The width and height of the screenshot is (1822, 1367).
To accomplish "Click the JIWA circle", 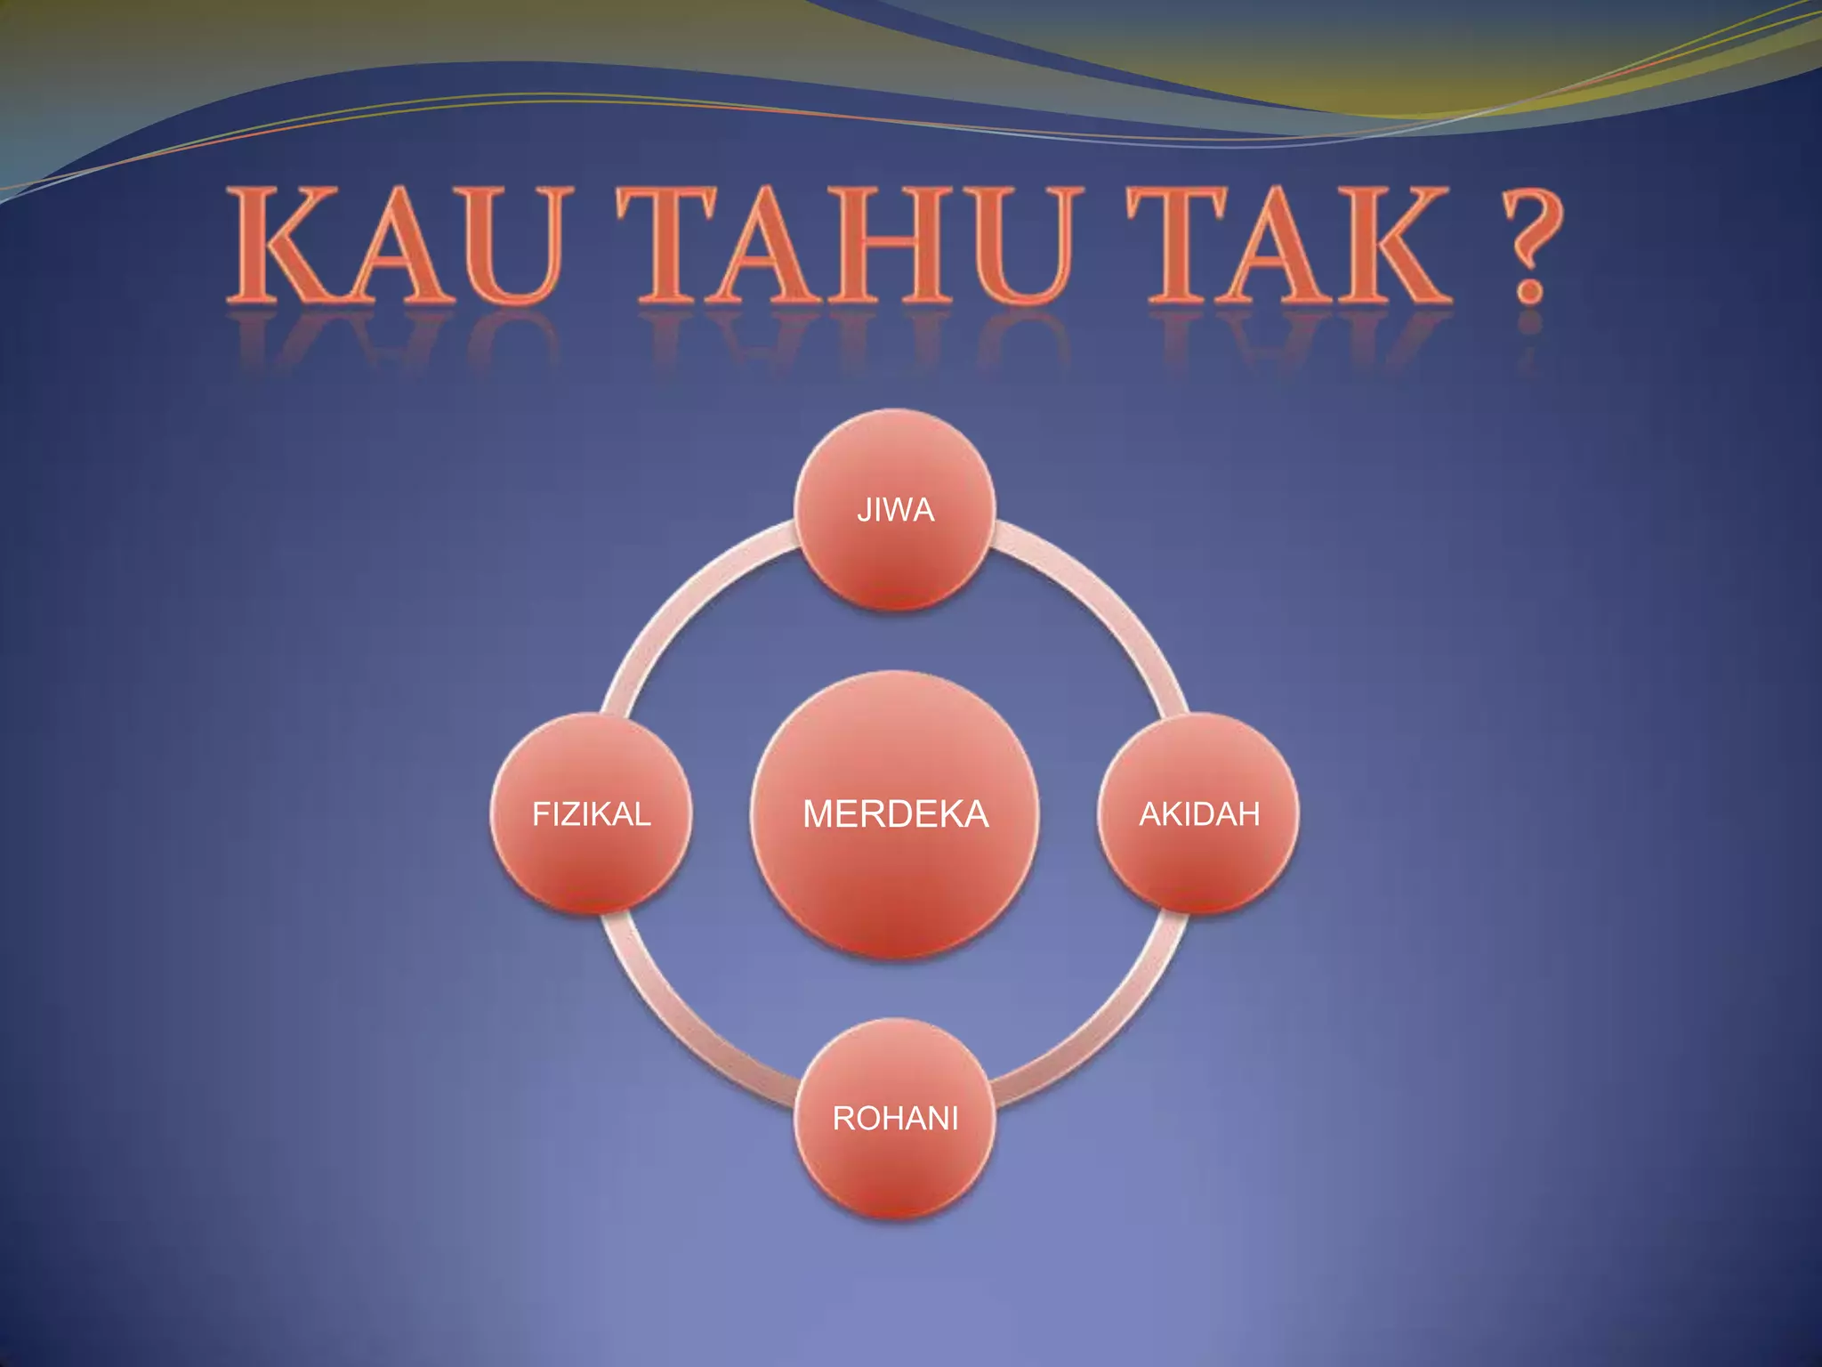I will click(895, 552).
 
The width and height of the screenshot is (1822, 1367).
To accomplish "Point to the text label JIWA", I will click(895, 510).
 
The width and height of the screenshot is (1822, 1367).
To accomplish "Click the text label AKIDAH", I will click(1199, 813).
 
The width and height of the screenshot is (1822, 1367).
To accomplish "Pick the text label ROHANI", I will click(895, 1118).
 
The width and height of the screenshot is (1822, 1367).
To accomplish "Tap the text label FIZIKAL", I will click(592, 813).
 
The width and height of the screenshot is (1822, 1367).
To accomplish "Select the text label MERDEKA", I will click(895, 813).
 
